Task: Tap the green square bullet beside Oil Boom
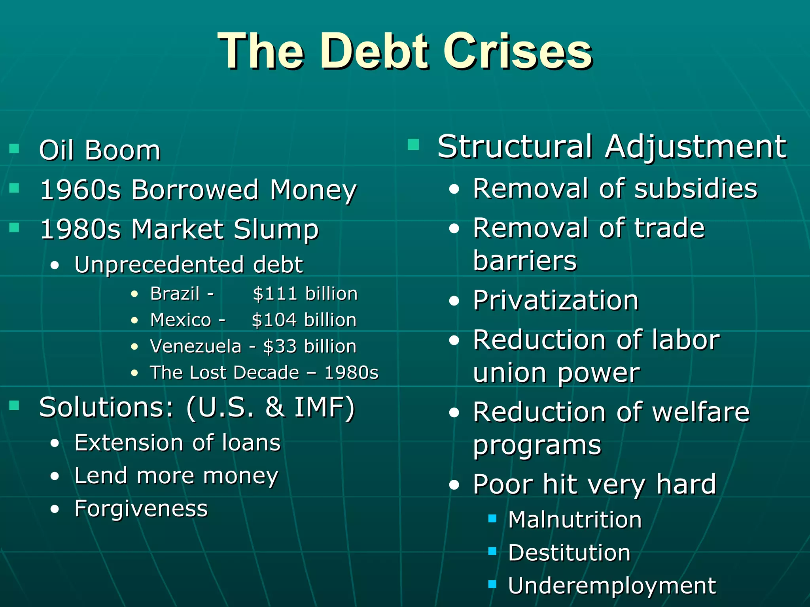click(x=14, y=149)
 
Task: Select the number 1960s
click(x=80, y=190)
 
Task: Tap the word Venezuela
click(x=195, y=347)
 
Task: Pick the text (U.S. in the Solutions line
click(x=220, y=407)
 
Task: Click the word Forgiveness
click(x=141, y=509)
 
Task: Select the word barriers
click(x=525, y=261)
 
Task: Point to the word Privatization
click(x=556, y=301)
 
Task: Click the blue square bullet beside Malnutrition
click(x=492, y=518)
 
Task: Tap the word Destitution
click(x=569, y=553)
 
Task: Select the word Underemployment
click(x=611, y=586)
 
